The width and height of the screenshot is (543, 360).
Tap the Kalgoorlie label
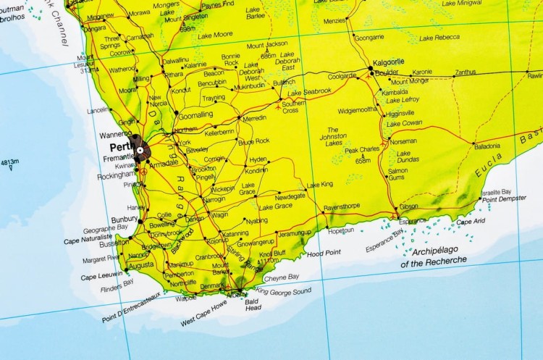(x=389, y=62)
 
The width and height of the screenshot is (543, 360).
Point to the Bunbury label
(x=124, y=219)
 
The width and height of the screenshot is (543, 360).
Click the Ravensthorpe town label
(x=341, y=206)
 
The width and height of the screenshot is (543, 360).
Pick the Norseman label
(x=403, y=141)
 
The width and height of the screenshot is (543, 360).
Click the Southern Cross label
(x=293, y=106)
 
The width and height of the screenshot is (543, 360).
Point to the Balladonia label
(x=487, y=146)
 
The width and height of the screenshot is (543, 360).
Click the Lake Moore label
(x=215, y=34)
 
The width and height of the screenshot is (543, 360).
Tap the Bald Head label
(x=252, y=304)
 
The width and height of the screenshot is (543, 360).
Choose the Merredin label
(x=254, y=117)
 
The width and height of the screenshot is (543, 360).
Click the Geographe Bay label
(x=105, y=228)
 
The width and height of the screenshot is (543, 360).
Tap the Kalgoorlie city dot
(x=370, y=69)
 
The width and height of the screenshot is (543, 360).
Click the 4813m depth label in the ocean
(x=10, y=162)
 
